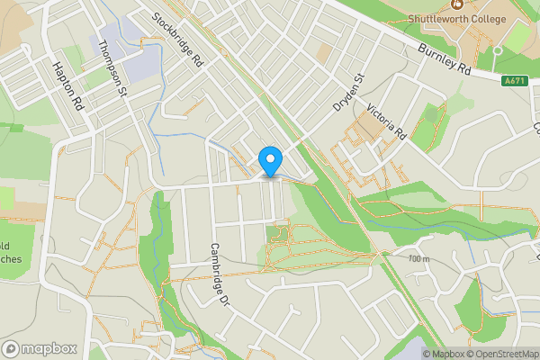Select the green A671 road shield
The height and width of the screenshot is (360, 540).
click(515, 81)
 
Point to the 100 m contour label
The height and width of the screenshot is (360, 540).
click(419, 259)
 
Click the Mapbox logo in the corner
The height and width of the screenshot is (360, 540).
click(40, 348)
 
